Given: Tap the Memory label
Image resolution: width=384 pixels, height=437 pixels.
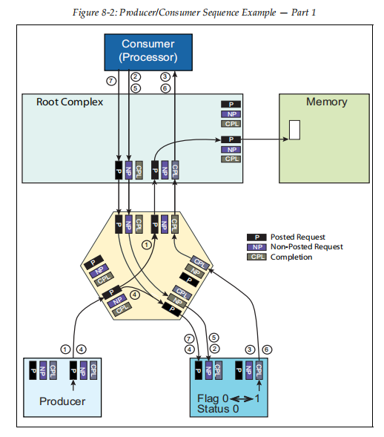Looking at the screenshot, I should [x=326, y=102].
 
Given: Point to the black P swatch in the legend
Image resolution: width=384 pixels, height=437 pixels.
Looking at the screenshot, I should [x=255, y=237].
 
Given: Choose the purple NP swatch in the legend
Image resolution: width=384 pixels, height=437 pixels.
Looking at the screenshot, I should [x=255, y=247].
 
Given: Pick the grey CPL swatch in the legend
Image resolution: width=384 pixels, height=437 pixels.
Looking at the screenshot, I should [x=255, y=257].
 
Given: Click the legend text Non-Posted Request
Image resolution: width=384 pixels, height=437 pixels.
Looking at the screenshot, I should [x=306, y=247].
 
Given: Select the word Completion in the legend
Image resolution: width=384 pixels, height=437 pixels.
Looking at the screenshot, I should [x=291, y=257].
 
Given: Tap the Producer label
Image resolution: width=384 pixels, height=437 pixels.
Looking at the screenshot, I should [x=62, y=401].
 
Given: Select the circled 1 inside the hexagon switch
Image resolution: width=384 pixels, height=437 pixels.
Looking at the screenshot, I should [x=146, y=243].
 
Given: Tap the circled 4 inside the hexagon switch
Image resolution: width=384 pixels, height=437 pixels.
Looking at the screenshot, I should [x=134, y=295].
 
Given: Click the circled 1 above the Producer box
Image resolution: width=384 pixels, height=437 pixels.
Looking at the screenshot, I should [x=65, y=348].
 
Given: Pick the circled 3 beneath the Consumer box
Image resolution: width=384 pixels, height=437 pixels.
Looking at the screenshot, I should [x=165, y=76].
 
